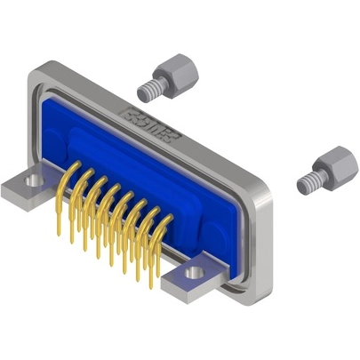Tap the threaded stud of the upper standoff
148,88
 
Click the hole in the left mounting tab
34,180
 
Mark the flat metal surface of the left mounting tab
20,188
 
